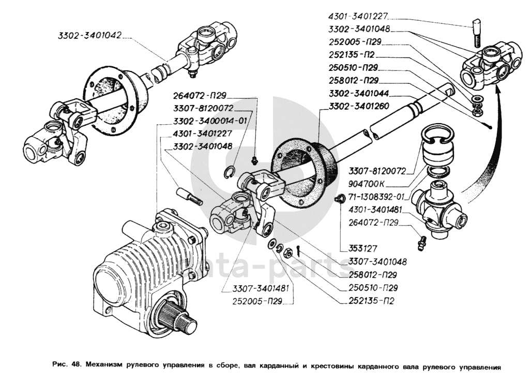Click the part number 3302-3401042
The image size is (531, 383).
(89, 35)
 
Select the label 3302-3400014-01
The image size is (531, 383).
(210, 121)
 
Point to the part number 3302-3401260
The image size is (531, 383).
(359, 106)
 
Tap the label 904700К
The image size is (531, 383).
(367, 184)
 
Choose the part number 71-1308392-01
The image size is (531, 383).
(376, 197)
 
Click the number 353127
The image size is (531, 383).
(362, 248)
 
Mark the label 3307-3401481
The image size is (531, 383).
(261, 288)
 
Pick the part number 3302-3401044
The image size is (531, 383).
(359, 93)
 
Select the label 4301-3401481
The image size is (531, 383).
(375, 210)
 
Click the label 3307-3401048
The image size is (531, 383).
(377, 262)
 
